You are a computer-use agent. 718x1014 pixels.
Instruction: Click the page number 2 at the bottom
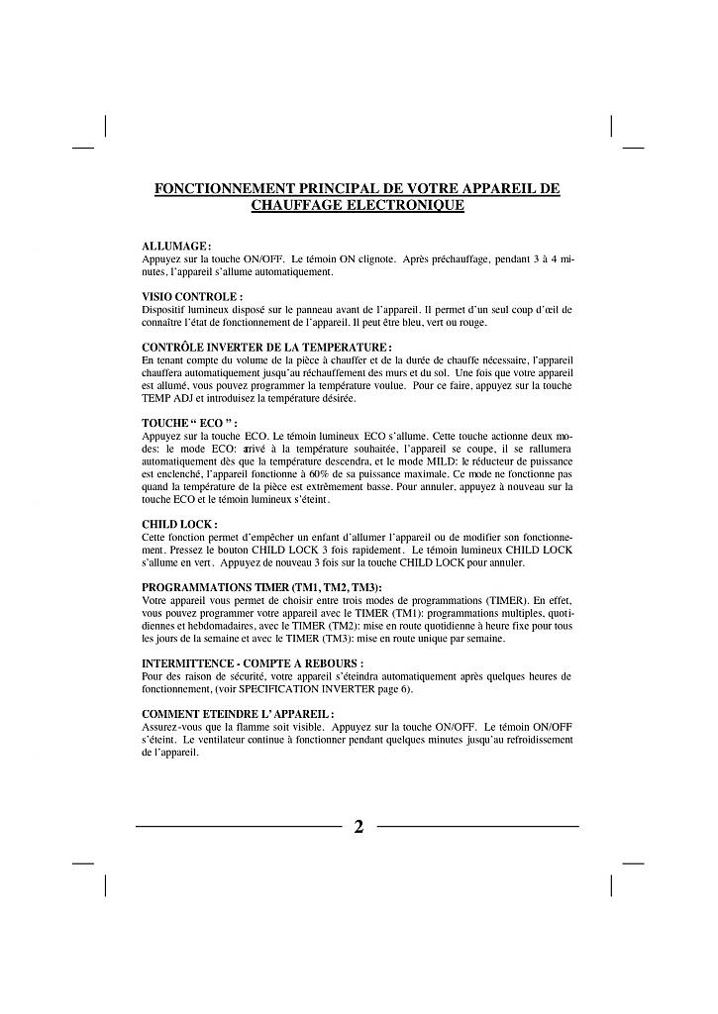coord(359,827)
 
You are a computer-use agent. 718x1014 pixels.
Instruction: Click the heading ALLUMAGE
coord(177,246)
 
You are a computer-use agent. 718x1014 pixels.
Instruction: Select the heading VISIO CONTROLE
coord(192,296)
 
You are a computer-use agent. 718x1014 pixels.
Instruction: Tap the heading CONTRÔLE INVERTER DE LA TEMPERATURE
coord(267,347)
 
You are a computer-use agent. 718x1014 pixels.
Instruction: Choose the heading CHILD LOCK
coord(179,524)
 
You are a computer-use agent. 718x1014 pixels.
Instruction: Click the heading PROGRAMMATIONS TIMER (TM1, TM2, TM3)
coord(261,587)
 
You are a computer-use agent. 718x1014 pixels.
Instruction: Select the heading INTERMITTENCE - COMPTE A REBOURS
coord(253,662)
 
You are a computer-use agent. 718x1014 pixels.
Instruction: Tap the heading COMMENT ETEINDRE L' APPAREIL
coord(238,713)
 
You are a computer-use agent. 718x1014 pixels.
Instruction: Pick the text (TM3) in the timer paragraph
coord(327,638)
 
